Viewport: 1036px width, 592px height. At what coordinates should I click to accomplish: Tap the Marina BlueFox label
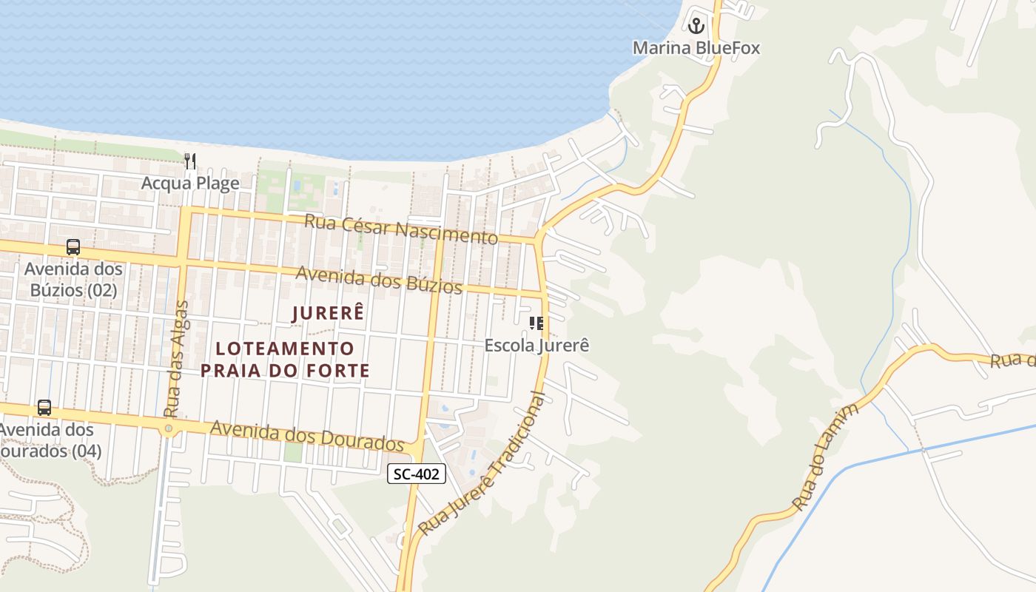[x=696, y=48]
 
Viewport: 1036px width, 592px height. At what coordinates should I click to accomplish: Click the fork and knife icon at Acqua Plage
[x=190, y=161]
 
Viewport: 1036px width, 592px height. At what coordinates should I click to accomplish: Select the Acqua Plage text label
[x=190, y=183]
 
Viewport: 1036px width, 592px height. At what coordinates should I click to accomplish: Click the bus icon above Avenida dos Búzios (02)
[x=73, y=247]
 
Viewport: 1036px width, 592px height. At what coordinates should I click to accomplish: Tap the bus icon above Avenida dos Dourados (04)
[x=44, y=408]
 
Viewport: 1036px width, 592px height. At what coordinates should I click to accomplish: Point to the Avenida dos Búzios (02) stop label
[x=73, y=279]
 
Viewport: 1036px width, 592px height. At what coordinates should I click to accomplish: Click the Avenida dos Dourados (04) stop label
[x=48, y=440]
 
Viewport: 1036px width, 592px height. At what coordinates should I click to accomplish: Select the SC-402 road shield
[x=417, y=474]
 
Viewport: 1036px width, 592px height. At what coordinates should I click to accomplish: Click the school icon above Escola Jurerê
[x=536, y=323]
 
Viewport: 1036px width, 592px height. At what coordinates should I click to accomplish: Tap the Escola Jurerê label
[x=536, y=345]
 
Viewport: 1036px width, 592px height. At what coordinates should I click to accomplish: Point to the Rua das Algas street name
[x=176, y=359]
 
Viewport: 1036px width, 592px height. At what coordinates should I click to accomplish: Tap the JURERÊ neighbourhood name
[x=328, y=313]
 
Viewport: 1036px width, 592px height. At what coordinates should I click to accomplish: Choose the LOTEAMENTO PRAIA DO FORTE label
[x=285, y=359]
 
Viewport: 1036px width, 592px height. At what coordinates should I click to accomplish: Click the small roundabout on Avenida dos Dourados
[x=169, y=428]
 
